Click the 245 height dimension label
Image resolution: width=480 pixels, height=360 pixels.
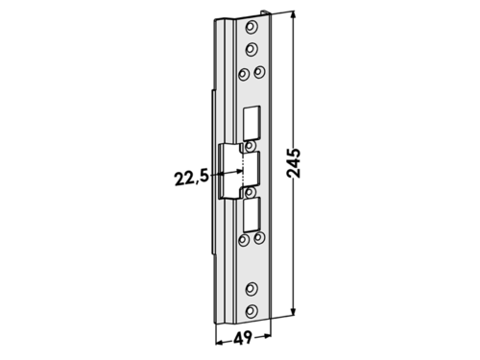tap(294, 163)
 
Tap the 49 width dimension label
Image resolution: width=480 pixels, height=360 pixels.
tap(243, 338)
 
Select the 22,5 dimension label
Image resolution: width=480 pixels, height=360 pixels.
tap(191, 179)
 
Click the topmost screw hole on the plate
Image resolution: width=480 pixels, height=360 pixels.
tap(252, 27)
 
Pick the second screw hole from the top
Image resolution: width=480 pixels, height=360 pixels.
tap(252, 49)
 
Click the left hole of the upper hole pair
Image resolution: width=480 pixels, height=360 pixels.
tap(244, 75)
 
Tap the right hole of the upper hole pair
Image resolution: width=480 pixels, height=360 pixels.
tap(259, 72)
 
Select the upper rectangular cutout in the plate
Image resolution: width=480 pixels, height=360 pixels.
tap(252, 123)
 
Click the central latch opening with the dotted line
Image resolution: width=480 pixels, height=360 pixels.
tap(238, 171)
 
